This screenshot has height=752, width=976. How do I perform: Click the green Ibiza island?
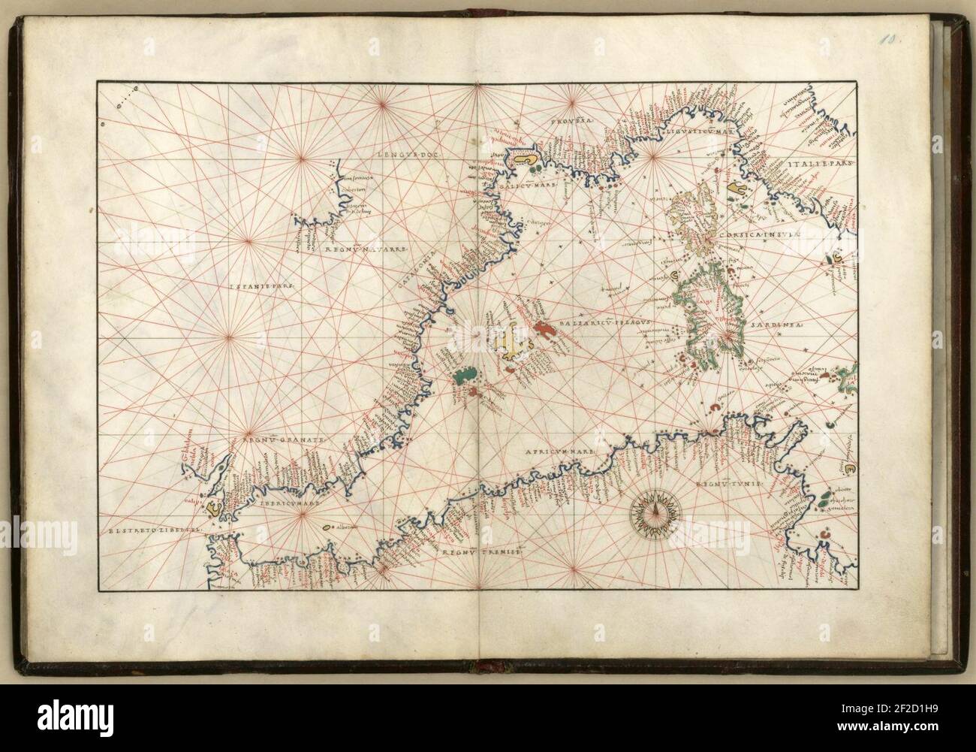465,375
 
